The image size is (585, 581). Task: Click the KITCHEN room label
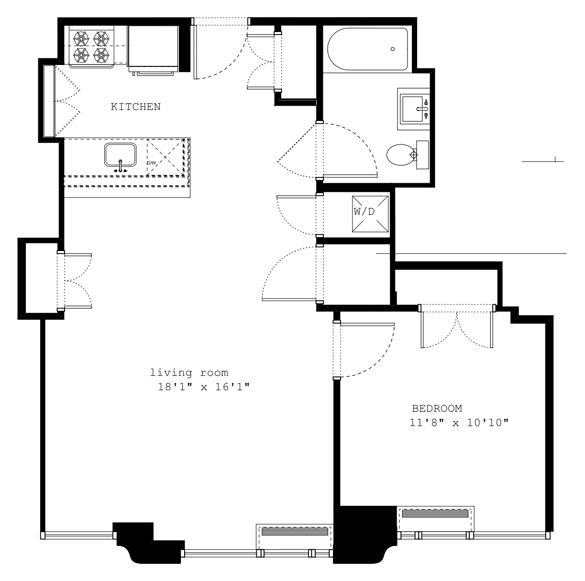[x=136, y=107]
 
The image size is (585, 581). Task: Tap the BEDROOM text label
[x=437, y=408]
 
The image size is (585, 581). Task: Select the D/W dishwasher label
[x=151, y=163]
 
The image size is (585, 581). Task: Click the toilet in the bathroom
[x=401, y=154]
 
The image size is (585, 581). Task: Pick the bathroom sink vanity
[x=414, y=109]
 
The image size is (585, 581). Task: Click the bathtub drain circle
[x=393, y=49]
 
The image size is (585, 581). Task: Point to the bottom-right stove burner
[x=101, y=55]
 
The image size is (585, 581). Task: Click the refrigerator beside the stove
[x=153, y=48]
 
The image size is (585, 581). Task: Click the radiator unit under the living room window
[x=295, y=532]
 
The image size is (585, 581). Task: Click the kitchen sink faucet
[x=121, y=166]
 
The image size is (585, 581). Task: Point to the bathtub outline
[x=367, y=49]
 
